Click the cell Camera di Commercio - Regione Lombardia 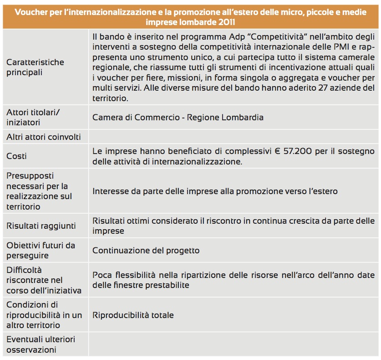coord(178,117)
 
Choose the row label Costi coord(16,156)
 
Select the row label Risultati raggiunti coord(41,226)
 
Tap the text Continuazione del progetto coord(146,251)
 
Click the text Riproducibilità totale coord(133,315)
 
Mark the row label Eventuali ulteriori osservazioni coord(41,345)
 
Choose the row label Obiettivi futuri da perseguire coord(41,251)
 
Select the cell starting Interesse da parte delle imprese coord(215,191)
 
